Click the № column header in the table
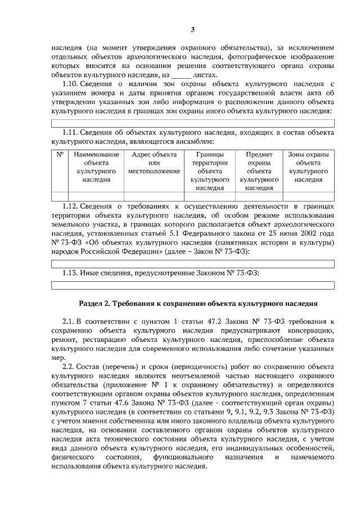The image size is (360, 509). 60,154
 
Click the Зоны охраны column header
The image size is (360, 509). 308,167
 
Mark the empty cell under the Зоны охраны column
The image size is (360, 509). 308,196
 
